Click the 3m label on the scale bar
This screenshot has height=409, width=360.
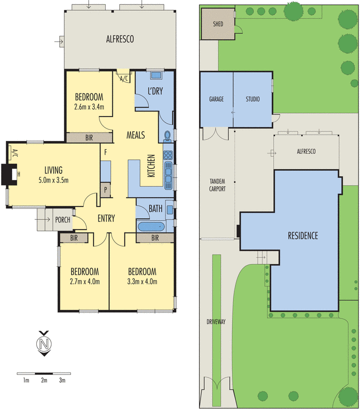(x=62, y=380)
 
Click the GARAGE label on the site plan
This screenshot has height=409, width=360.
(x=216, y=99)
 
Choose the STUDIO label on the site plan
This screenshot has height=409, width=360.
(x=252, y=99)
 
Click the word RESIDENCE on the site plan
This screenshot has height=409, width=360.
(x=303, y=236)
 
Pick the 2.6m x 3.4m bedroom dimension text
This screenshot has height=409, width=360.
(x=89, y=107)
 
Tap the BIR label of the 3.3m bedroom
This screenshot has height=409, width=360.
(x=155, y=238)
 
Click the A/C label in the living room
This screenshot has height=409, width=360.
(x=14, y=152)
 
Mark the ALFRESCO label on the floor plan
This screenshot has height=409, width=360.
(x=119, y=38)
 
